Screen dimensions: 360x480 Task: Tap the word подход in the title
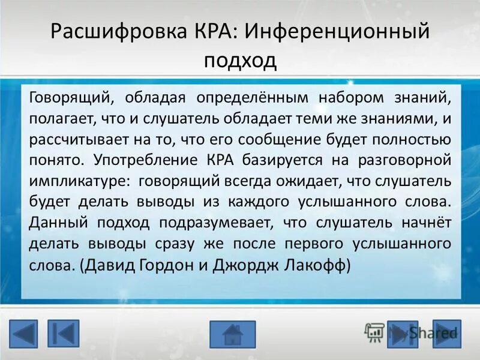pos(240,60)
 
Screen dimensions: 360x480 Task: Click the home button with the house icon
pos(232,334)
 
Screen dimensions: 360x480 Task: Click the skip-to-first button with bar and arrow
pos(64,334)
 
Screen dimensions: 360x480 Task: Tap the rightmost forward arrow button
pos(447,334)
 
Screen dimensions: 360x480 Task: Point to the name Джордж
pos(243,266)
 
